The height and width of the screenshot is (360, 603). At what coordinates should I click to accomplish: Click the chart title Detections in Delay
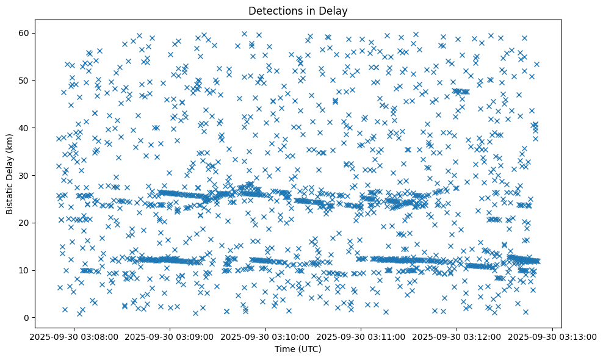coord(298,10)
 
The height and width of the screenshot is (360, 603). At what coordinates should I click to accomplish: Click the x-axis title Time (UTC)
coord(298,349)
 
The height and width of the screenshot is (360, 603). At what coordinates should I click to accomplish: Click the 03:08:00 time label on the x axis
coord(74,336)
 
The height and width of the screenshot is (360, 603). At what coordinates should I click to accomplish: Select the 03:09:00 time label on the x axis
coord(170,336)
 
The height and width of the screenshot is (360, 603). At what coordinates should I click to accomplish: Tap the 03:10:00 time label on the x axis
coord(266,336)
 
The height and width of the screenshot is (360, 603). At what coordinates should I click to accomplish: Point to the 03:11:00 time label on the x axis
coord(361,336)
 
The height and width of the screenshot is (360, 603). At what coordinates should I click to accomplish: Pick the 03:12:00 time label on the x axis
coord(457,336)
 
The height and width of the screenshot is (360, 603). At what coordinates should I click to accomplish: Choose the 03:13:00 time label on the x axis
coord(553,336)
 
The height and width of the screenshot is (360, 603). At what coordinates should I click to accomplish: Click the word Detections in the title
coord(272,10)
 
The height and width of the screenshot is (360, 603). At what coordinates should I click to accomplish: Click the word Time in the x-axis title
coord(284,349)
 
